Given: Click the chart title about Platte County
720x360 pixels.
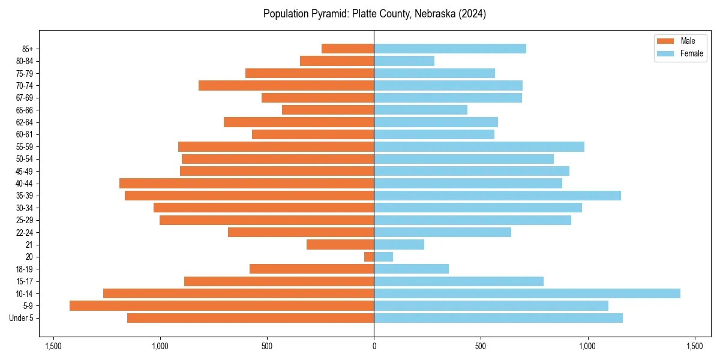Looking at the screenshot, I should [374, 14].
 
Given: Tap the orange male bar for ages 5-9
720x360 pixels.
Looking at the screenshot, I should [221, 305].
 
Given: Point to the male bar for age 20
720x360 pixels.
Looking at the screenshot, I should [369, 257].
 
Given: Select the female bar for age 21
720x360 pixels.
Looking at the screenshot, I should [399, 244].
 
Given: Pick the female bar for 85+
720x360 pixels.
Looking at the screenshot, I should [450, 49].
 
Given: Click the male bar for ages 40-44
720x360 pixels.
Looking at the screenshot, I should [247, 183].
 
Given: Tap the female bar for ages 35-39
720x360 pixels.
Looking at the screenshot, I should [497, 196].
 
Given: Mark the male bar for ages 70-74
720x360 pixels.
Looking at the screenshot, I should [286, 85].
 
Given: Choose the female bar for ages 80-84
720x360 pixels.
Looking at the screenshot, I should [404, 61].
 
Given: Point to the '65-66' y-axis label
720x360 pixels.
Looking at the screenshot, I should [25, 110].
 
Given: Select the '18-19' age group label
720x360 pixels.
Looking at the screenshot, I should [25, 269].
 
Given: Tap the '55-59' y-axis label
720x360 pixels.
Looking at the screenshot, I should [25, 146].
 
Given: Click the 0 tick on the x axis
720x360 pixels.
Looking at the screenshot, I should [374, 346].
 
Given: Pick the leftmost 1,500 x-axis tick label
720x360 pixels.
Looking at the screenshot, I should [53, 346].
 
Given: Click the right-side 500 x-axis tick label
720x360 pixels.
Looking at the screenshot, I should [481, 346].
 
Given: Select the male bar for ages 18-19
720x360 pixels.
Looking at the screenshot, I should [311, 269].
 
